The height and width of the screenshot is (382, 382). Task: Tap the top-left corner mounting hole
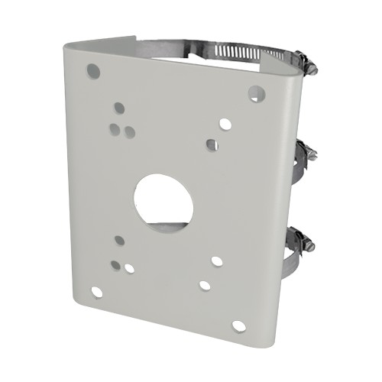pyautogui.click(x=94, y=71)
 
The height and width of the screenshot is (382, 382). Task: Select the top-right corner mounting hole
pyautogui.click(x=255, y=93)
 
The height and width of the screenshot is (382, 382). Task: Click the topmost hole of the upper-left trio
pyautogui.click(x=118, y=108)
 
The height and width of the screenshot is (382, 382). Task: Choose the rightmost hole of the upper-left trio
pyautogui.click(x=129, y=131)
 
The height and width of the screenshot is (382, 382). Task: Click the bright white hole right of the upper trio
pyautogui.click(x=224, y=122)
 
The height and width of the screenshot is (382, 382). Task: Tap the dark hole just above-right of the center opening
pyautogui.click(x=212, y=144)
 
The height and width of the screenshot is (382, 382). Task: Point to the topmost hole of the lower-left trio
pyautogui.click(x=120, y=241)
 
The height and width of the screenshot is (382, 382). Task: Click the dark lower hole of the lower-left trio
pyautogui.click(x=115, y=265)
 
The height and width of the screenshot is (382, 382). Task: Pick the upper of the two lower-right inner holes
pyautogui.click(x=217, y=261)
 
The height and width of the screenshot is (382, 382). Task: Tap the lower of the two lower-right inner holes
pyautogui.click(x=205, y=285)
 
